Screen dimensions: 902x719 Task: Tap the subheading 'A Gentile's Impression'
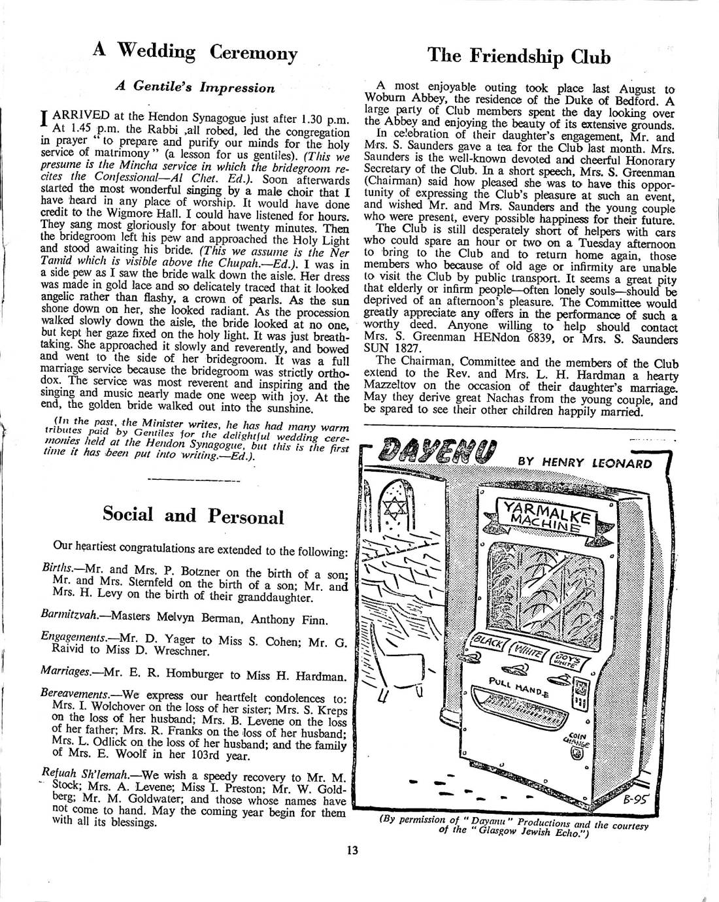click(195, 88)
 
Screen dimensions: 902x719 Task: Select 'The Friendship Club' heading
click(519, 56)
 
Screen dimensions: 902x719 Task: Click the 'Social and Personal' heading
click(193, 516)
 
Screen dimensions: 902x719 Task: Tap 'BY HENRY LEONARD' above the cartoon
click(584, 463)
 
